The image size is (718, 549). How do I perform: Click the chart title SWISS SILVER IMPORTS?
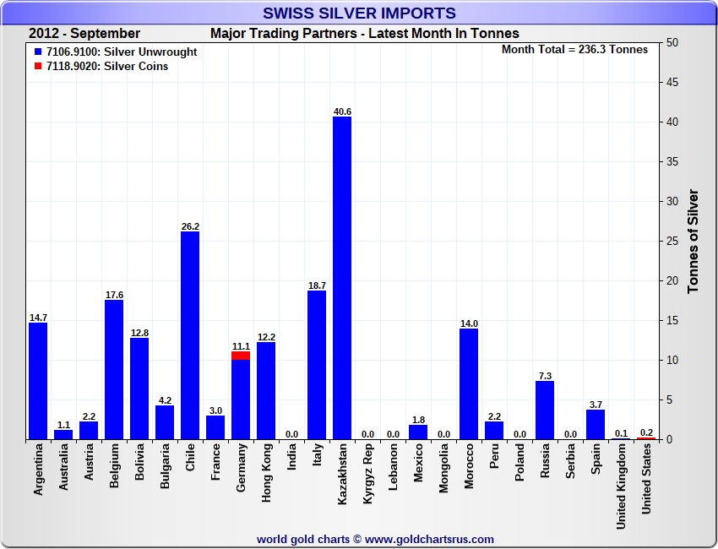tap(359, 13)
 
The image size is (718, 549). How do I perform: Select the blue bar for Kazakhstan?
tap(342, 279)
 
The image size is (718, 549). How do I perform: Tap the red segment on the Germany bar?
tap(241, 356)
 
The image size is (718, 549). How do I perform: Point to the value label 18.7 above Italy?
tap(317, 285)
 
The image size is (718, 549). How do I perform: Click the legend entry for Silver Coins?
tap(106, 66)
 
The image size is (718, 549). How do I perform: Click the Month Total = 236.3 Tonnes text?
tap(574, 49)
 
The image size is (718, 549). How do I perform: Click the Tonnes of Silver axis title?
tap(694, 241)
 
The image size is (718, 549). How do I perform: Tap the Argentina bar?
tap(38, 381)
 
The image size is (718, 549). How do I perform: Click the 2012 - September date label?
tap(84, 33)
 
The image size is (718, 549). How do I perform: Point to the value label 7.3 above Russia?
tap(545, 375)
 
